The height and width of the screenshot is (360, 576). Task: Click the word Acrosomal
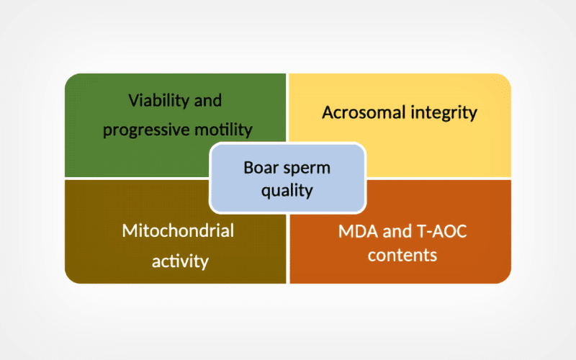364,112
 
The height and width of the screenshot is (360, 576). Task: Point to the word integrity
444,113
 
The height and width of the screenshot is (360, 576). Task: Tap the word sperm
307,168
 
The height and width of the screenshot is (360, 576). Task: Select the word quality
287,191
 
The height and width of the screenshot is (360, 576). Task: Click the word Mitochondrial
178,230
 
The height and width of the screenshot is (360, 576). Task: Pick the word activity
180,261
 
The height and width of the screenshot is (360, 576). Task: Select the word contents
402,256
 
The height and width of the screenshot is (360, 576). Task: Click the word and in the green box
208,100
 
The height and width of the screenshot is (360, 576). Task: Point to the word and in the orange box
397,231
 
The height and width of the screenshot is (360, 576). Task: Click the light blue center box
287,178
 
